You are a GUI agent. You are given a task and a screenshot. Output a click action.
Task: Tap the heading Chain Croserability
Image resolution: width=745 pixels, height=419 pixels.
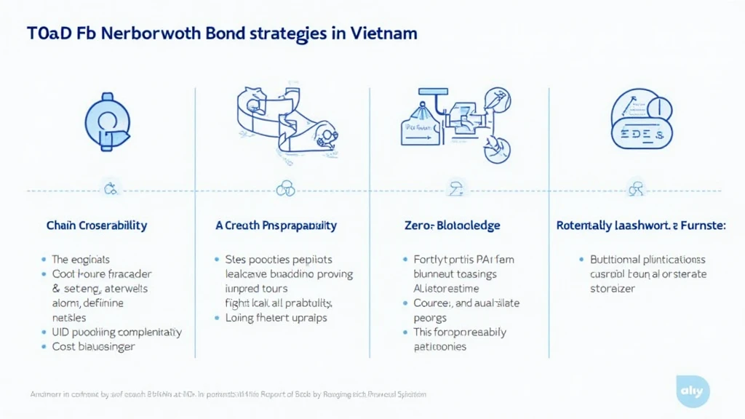tap(96, 226)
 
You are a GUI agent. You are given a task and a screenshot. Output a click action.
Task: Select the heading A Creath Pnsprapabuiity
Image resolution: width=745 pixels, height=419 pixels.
tap(276, 226)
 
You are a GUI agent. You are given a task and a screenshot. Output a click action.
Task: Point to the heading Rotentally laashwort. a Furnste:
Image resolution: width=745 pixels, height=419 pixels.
tap(640, 226)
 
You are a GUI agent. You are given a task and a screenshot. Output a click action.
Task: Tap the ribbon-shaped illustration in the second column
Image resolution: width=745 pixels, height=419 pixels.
tap(284, 124)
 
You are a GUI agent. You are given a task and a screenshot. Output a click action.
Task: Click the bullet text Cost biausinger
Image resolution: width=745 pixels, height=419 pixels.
tap(93, 347)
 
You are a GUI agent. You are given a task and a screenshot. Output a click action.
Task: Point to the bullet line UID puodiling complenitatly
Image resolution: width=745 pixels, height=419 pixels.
tap(116, 332)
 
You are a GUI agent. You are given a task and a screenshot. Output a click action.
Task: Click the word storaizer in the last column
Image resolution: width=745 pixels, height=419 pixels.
tap(613, 288)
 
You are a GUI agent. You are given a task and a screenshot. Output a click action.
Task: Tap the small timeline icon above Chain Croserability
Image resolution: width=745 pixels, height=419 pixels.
tap(111, 191)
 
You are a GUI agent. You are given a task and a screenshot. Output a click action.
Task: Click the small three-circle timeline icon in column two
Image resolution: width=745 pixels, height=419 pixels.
tap(285, 191)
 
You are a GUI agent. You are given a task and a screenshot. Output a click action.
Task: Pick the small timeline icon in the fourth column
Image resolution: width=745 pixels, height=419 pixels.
tap(635, 191)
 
